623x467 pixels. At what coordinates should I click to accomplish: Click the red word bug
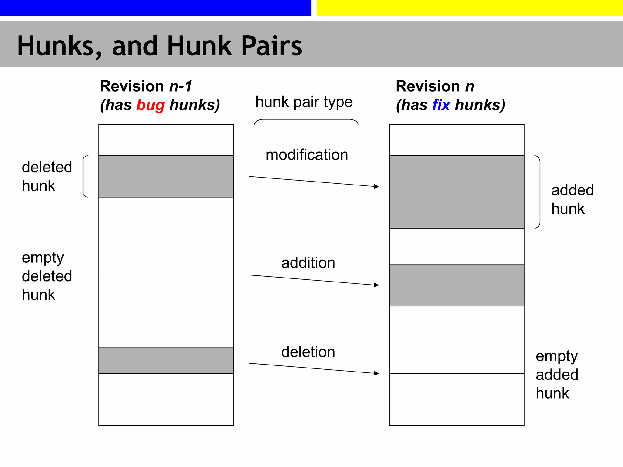[150, 105]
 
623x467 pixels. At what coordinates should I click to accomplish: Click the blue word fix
[441, 105]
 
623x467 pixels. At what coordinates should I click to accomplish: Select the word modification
[307, 155]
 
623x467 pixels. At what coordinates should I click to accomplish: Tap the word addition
[308, 263]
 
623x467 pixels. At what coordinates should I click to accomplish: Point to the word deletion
[308, 352]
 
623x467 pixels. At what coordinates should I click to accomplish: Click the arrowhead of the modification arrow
[377, 186]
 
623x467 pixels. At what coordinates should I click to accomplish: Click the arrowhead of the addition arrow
[377, 285]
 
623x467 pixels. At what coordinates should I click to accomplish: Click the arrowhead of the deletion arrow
[377, 373]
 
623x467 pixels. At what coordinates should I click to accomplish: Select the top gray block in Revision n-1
[166, 176]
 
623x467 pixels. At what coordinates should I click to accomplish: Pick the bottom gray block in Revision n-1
[166, 361]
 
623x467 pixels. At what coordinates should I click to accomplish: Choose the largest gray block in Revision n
[457, 192]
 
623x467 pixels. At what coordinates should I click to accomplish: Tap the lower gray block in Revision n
[457, 285]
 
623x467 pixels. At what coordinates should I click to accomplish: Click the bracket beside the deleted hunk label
[85, 176]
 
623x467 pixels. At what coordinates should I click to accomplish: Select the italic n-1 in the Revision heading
[181, 86]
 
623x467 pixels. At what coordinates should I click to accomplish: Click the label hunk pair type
[304, 102]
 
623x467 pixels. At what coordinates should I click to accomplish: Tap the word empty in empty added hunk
[556, 356]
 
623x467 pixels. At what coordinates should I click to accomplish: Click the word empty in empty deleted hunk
[43, 258]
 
